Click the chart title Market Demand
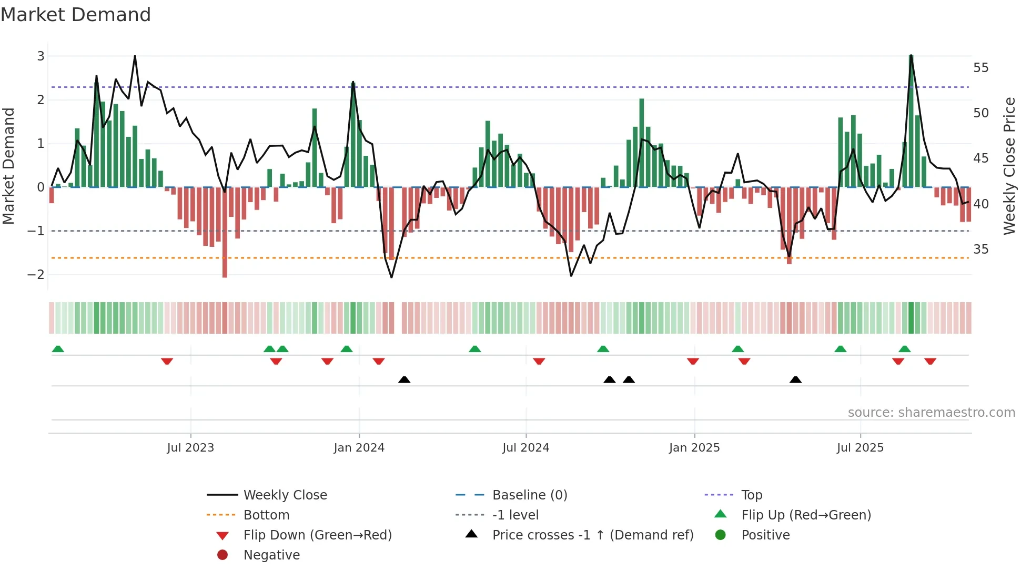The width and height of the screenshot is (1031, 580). [76, 15]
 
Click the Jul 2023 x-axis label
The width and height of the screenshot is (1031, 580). [190, 447]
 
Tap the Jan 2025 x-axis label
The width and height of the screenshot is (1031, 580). [694, 447]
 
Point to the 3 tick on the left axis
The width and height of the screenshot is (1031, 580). [41, 56]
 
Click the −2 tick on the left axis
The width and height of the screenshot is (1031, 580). [36, 274]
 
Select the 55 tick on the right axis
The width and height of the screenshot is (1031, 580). [981, 67]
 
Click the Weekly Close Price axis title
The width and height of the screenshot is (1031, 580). [1009, 166]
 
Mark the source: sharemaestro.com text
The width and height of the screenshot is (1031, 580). [931, 412]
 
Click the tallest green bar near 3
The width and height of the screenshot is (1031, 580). [911, 121]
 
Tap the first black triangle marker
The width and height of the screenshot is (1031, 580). [404, 379]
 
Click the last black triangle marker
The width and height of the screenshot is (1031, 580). [795, 379]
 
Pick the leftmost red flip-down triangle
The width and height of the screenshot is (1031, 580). [167, 362]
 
